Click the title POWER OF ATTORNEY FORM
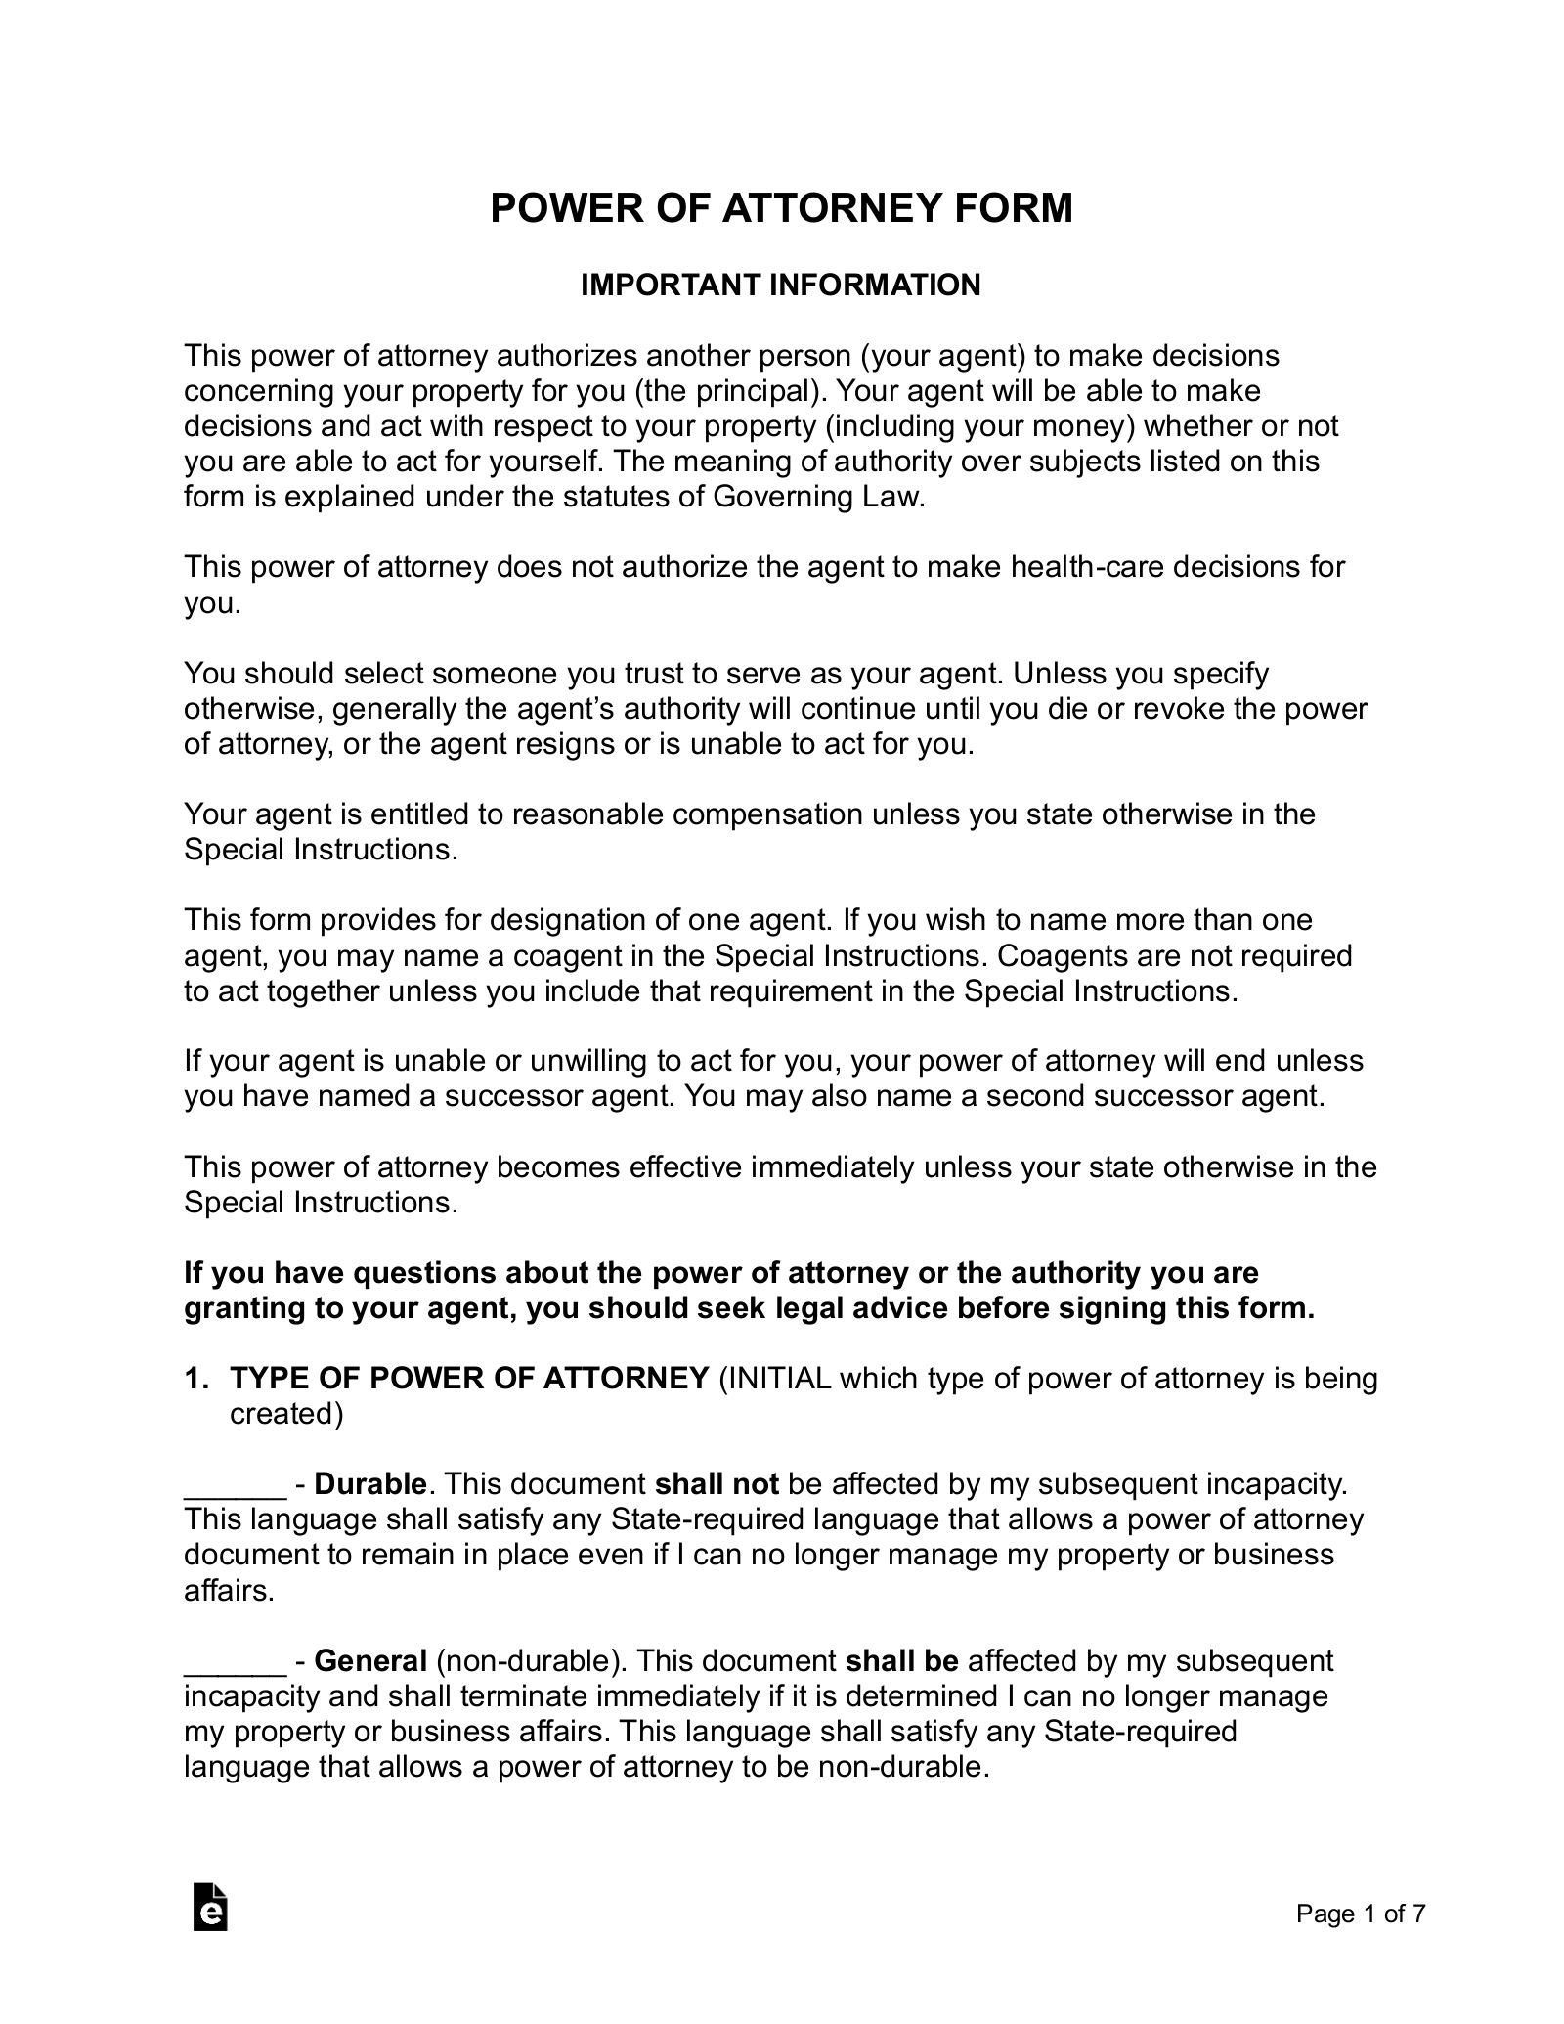pyautogui.click(x=781, y=208)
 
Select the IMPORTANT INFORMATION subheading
pyautogui.click(x=780, y=285)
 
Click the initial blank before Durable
pyautogui.click(x=235, y=1484)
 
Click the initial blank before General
pyautogui.click(x=235, y=1661)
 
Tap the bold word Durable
pyautogui.click(x=370, y=1484)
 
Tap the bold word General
pyautogui.click(x=370, y=1661)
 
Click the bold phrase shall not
pyautogui.click(x=716, y=1484)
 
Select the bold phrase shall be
pyautogui.click(x=901, y=1661)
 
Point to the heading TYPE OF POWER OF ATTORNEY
pyautogui.click(x=469, y=1379)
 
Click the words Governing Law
pyautogui.click(x=816, y=497)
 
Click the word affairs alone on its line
pyautogui.click(x=226, y=1591)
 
